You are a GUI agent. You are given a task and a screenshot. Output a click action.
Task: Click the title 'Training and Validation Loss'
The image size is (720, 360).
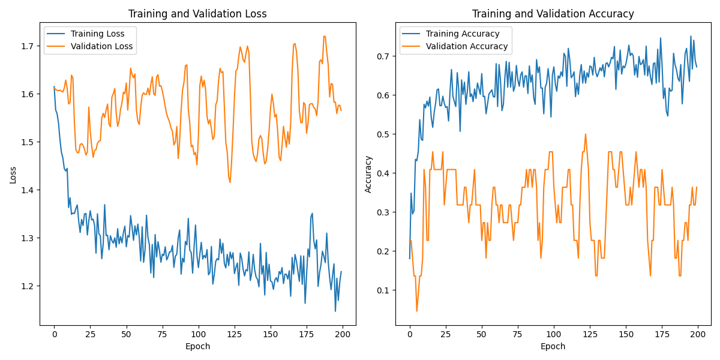198,14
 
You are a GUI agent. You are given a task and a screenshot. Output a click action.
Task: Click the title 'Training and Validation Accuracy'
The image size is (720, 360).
553,14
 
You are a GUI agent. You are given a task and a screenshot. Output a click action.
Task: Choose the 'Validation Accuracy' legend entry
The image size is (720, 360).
466,46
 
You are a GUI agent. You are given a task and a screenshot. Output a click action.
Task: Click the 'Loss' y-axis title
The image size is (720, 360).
13,175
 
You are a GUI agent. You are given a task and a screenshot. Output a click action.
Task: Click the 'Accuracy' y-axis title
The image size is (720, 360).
368,175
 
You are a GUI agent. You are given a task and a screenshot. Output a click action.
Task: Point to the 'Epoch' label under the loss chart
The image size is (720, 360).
198,346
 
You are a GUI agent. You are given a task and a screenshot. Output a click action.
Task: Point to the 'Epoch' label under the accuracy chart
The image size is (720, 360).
553,346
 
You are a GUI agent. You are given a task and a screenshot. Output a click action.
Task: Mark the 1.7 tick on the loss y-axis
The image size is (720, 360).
28,46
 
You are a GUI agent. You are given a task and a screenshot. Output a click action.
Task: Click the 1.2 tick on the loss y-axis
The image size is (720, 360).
28,286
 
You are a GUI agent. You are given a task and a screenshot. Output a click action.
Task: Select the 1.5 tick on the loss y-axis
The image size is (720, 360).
28,142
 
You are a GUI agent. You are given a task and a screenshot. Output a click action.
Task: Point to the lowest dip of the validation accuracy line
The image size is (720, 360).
417,311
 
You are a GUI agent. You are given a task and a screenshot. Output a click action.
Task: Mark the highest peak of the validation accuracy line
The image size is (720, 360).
586,134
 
